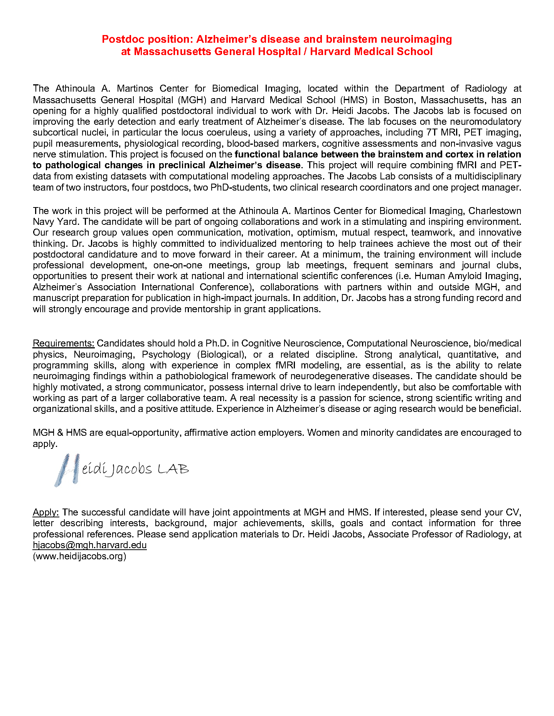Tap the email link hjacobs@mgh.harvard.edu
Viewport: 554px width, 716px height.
(x=89, y=545)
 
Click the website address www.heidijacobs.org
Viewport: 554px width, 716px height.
(x=79, y=556)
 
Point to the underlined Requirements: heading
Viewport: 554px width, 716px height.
(x=64, y=343)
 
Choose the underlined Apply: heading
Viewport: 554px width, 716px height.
(x=46, y=512)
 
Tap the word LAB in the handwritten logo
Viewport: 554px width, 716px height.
(x=173, y=469)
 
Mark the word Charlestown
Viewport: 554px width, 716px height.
(x=495, y=211)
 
